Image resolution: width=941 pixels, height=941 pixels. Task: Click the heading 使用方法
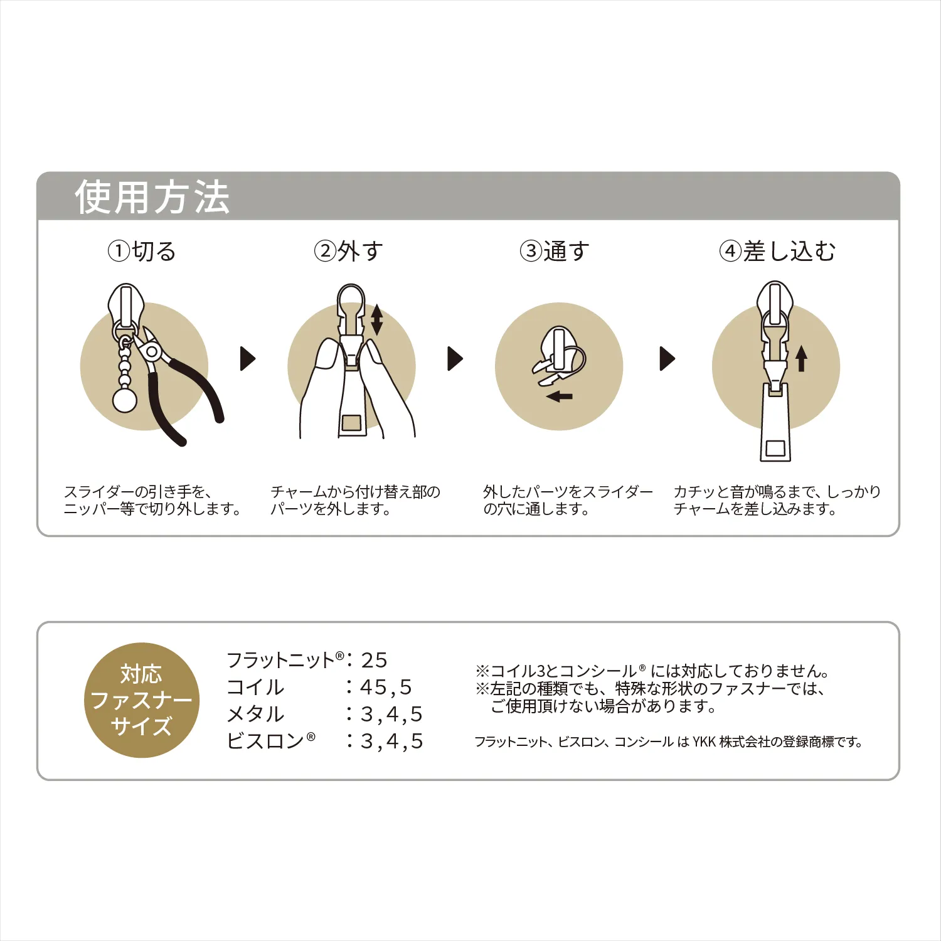pyautogui.click(x=152, y=197)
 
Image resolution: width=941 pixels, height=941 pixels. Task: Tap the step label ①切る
pyautogui.click(x=142, y=252)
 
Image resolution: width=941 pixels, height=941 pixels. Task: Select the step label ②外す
pyautogui.click(x=348, y=252)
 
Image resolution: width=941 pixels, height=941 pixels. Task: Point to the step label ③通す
pyautogui.click(x=555, y=252)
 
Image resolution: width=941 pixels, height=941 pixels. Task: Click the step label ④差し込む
pyautogui.click(x=777, y=252)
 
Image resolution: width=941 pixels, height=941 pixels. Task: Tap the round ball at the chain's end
pyautogui.click(x=124, y=400)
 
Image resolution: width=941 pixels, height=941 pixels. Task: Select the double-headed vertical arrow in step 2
pyautogui.click(x=376, y=319)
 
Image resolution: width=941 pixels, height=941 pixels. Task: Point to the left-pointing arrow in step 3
pyautogui.click(x=559, y=396)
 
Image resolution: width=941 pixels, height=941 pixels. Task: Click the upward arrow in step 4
pyautogui.click(x=801, y=358)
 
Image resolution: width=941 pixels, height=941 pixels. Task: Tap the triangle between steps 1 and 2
pyautogui.click(x=248, y=359)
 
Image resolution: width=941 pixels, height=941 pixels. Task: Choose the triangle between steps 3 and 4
pyautogui.click(x=667, y=359)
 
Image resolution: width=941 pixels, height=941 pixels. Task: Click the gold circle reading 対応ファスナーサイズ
pyautogui.click(x=141, y=700)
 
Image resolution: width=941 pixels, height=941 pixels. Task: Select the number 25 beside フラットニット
pyautogui.click(x=374, y=660)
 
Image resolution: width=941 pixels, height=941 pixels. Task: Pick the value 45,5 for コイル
pyautogui.click(x=386, y=688)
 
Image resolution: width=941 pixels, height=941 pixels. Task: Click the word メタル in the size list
pyautogui.click(x=255, y=714)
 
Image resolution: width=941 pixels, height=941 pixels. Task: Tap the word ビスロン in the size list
pyautogui.click(x=265, y=741)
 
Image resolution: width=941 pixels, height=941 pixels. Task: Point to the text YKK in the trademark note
pyautogui.click(x=704, y=742)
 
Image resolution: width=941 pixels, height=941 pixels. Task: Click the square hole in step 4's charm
pyautogui.click(x=775, y=448)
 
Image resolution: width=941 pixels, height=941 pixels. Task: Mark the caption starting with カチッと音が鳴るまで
pyautogui.click(x=777, y=500)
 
